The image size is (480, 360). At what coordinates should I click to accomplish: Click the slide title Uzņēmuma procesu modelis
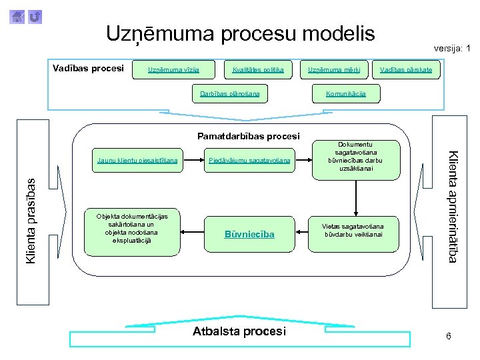[x=240, y=33]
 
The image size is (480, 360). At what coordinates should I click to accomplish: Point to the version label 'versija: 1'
[x=451, y=48]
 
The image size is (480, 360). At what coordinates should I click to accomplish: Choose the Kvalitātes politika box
[x=258, y=69]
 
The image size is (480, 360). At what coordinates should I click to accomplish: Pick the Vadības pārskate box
[x=406, y=69]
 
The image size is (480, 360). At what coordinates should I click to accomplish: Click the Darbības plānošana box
[x=230, y=94]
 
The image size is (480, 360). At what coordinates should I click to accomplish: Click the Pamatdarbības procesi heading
[x=249, y=136]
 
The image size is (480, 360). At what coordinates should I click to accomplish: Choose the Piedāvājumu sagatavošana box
[x=249, y=161]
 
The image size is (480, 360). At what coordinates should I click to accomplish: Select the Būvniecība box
[x=249, y=234]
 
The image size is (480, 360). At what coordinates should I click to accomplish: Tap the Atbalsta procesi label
[x=239, y=331]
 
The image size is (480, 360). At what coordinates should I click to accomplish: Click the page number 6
[x=449, y=336]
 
